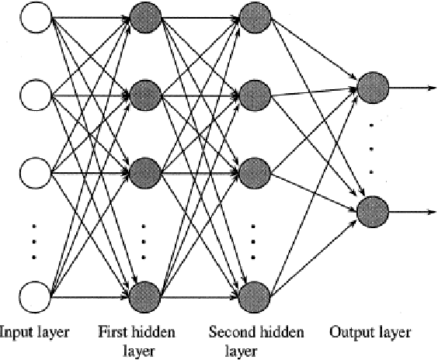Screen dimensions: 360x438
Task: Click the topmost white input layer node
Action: pos(35,17)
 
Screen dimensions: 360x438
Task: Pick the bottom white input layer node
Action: pos(35,296)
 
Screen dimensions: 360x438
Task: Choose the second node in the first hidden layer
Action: pos(144,95)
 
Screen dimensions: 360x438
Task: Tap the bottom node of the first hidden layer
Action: pos(144,296)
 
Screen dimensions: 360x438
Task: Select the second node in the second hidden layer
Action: pos(254,95)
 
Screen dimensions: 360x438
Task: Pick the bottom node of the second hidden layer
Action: pos(254,296)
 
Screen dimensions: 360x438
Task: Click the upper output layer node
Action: pos(372,87)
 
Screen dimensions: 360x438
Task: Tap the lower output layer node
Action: pos(372,210)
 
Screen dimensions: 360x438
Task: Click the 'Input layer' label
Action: pos(35,333)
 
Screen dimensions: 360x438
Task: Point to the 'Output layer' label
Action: pos(370,333)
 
